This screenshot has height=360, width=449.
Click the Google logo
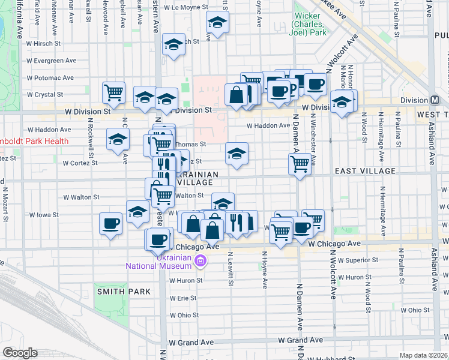(20, 353)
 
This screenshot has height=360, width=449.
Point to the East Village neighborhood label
(365, 171)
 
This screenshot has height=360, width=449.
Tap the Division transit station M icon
(435, 100)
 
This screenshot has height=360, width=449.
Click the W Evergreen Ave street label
(52, 61)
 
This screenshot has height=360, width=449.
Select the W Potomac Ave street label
(50, 78)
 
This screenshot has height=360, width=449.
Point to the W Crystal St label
(46, 95)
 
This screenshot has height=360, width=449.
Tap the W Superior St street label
(357, 260)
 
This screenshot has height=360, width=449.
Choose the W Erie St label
(184, 298)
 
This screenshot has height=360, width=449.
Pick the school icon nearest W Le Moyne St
(217, 23)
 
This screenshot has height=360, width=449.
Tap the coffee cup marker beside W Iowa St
(111, 223)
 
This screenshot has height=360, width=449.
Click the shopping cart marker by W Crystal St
(113, 92)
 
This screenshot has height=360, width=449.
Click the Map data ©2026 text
(424, 355)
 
